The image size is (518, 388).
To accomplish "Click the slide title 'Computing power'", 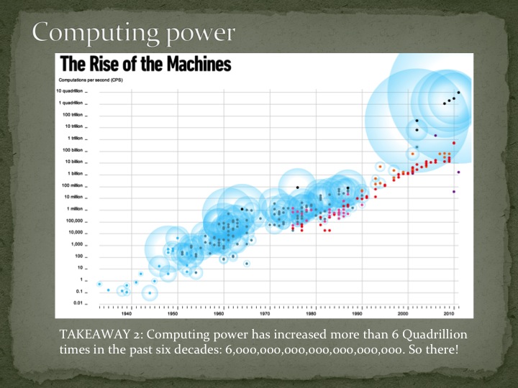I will [133, 32].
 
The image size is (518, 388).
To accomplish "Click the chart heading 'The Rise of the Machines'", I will [145, 64].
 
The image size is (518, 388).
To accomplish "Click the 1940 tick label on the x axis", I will [127, 313].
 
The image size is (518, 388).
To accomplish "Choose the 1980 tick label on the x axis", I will [311, 313].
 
